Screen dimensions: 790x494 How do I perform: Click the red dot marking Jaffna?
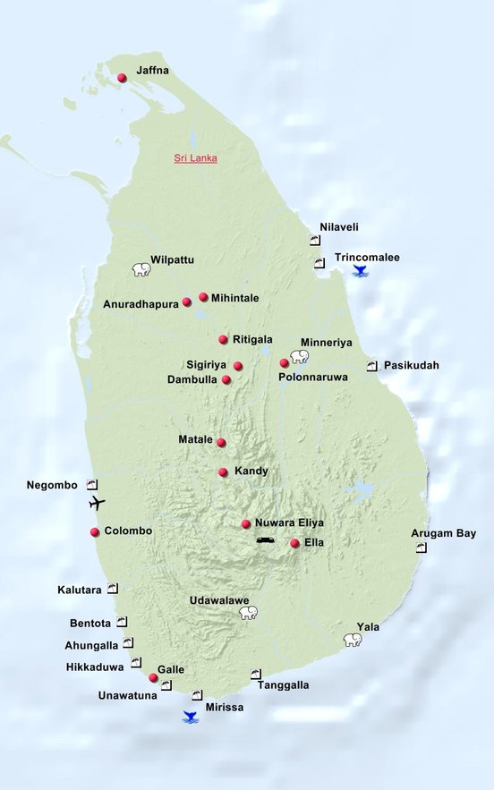(122, 79)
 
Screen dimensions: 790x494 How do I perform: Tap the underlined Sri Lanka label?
(195, 158)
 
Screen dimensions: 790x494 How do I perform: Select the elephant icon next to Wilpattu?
(141, 269)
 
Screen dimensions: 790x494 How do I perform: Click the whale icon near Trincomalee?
(361, 270)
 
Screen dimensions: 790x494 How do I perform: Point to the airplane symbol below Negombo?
(98, 503)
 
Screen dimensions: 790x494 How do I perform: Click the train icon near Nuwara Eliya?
(266, 540)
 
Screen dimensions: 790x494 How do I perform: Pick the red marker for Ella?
(294, 543)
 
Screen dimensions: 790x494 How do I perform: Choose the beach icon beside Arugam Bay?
(422, 547)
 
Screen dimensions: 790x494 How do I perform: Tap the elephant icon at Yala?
(353, 640)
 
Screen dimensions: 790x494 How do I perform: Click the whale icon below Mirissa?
(190, 716)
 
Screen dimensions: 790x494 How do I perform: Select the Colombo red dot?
(95, 532)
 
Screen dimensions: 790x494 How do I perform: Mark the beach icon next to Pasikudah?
(372, 366)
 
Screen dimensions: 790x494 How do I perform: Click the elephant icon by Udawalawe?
(248, 613)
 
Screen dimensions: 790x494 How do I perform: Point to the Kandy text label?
(251, 471)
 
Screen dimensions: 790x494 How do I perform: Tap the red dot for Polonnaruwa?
(285, 363)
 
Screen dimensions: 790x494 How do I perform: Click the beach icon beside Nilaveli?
(315, 241)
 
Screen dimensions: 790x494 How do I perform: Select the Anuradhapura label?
(141, 303)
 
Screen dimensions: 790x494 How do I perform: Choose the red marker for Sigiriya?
(238, 366)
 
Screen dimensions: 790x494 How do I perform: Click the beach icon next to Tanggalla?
(256, 673)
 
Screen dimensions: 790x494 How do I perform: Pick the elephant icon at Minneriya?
(299, 356)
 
